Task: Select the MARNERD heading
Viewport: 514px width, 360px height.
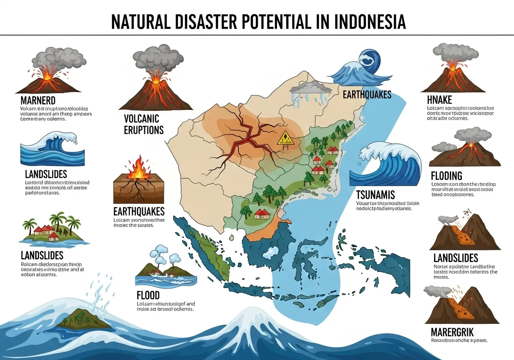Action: pyautogui.click(x=38, y=100)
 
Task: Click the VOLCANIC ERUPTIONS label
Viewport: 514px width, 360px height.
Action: pyautogui.click(x=144, y=124)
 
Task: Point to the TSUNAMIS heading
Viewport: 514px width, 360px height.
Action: pyautogui.click(x=376, y=195)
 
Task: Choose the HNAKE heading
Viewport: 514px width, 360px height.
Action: pyautogui.click(x=440, y=100)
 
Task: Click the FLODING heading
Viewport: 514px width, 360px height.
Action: pyautogui.click(x=447, y=176)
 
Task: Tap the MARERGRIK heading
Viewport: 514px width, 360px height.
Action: pyautogui.click(x=452, y=332)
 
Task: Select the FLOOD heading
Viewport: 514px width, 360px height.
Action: pyautogui.click(x=148, y=295)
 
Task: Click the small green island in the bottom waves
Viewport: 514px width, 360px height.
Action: pyautogui.click(x=84, y=319)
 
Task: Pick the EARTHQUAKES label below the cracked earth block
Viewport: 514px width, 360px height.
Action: pyautogui.click(x=139, y=211)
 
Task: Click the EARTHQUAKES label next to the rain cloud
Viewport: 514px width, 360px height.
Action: pyautogui.click(x=367, y=95)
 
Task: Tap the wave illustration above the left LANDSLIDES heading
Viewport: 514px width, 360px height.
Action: pyautogui.click(x=52, y=149)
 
